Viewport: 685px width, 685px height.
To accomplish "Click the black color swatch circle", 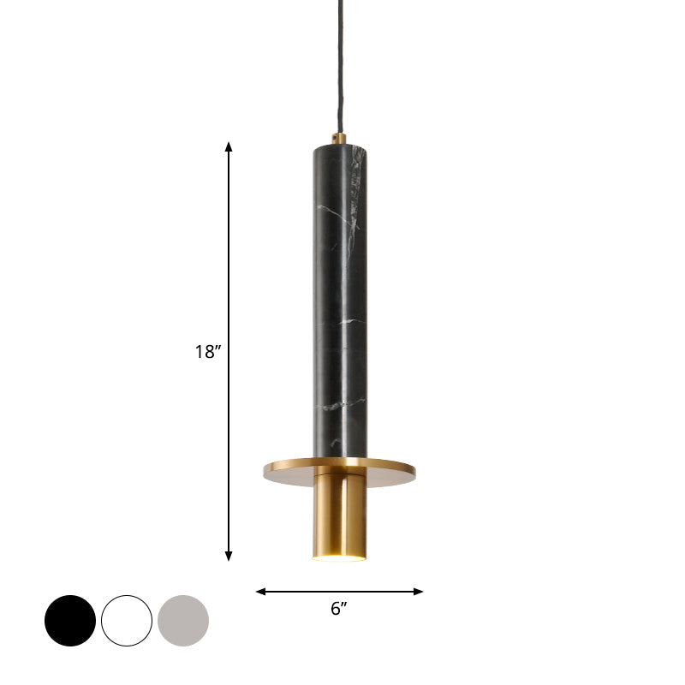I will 70,621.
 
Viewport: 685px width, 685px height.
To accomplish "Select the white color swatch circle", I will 127,621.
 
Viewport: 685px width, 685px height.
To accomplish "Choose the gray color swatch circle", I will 183,621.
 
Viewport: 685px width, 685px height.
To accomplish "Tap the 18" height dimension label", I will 207,351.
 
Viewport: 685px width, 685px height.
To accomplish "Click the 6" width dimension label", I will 339,609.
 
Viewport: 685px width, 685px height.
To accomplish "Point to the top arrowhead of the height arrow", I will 229,146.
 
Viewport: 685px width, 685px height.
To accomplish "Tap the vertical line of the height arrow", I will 229,257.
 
